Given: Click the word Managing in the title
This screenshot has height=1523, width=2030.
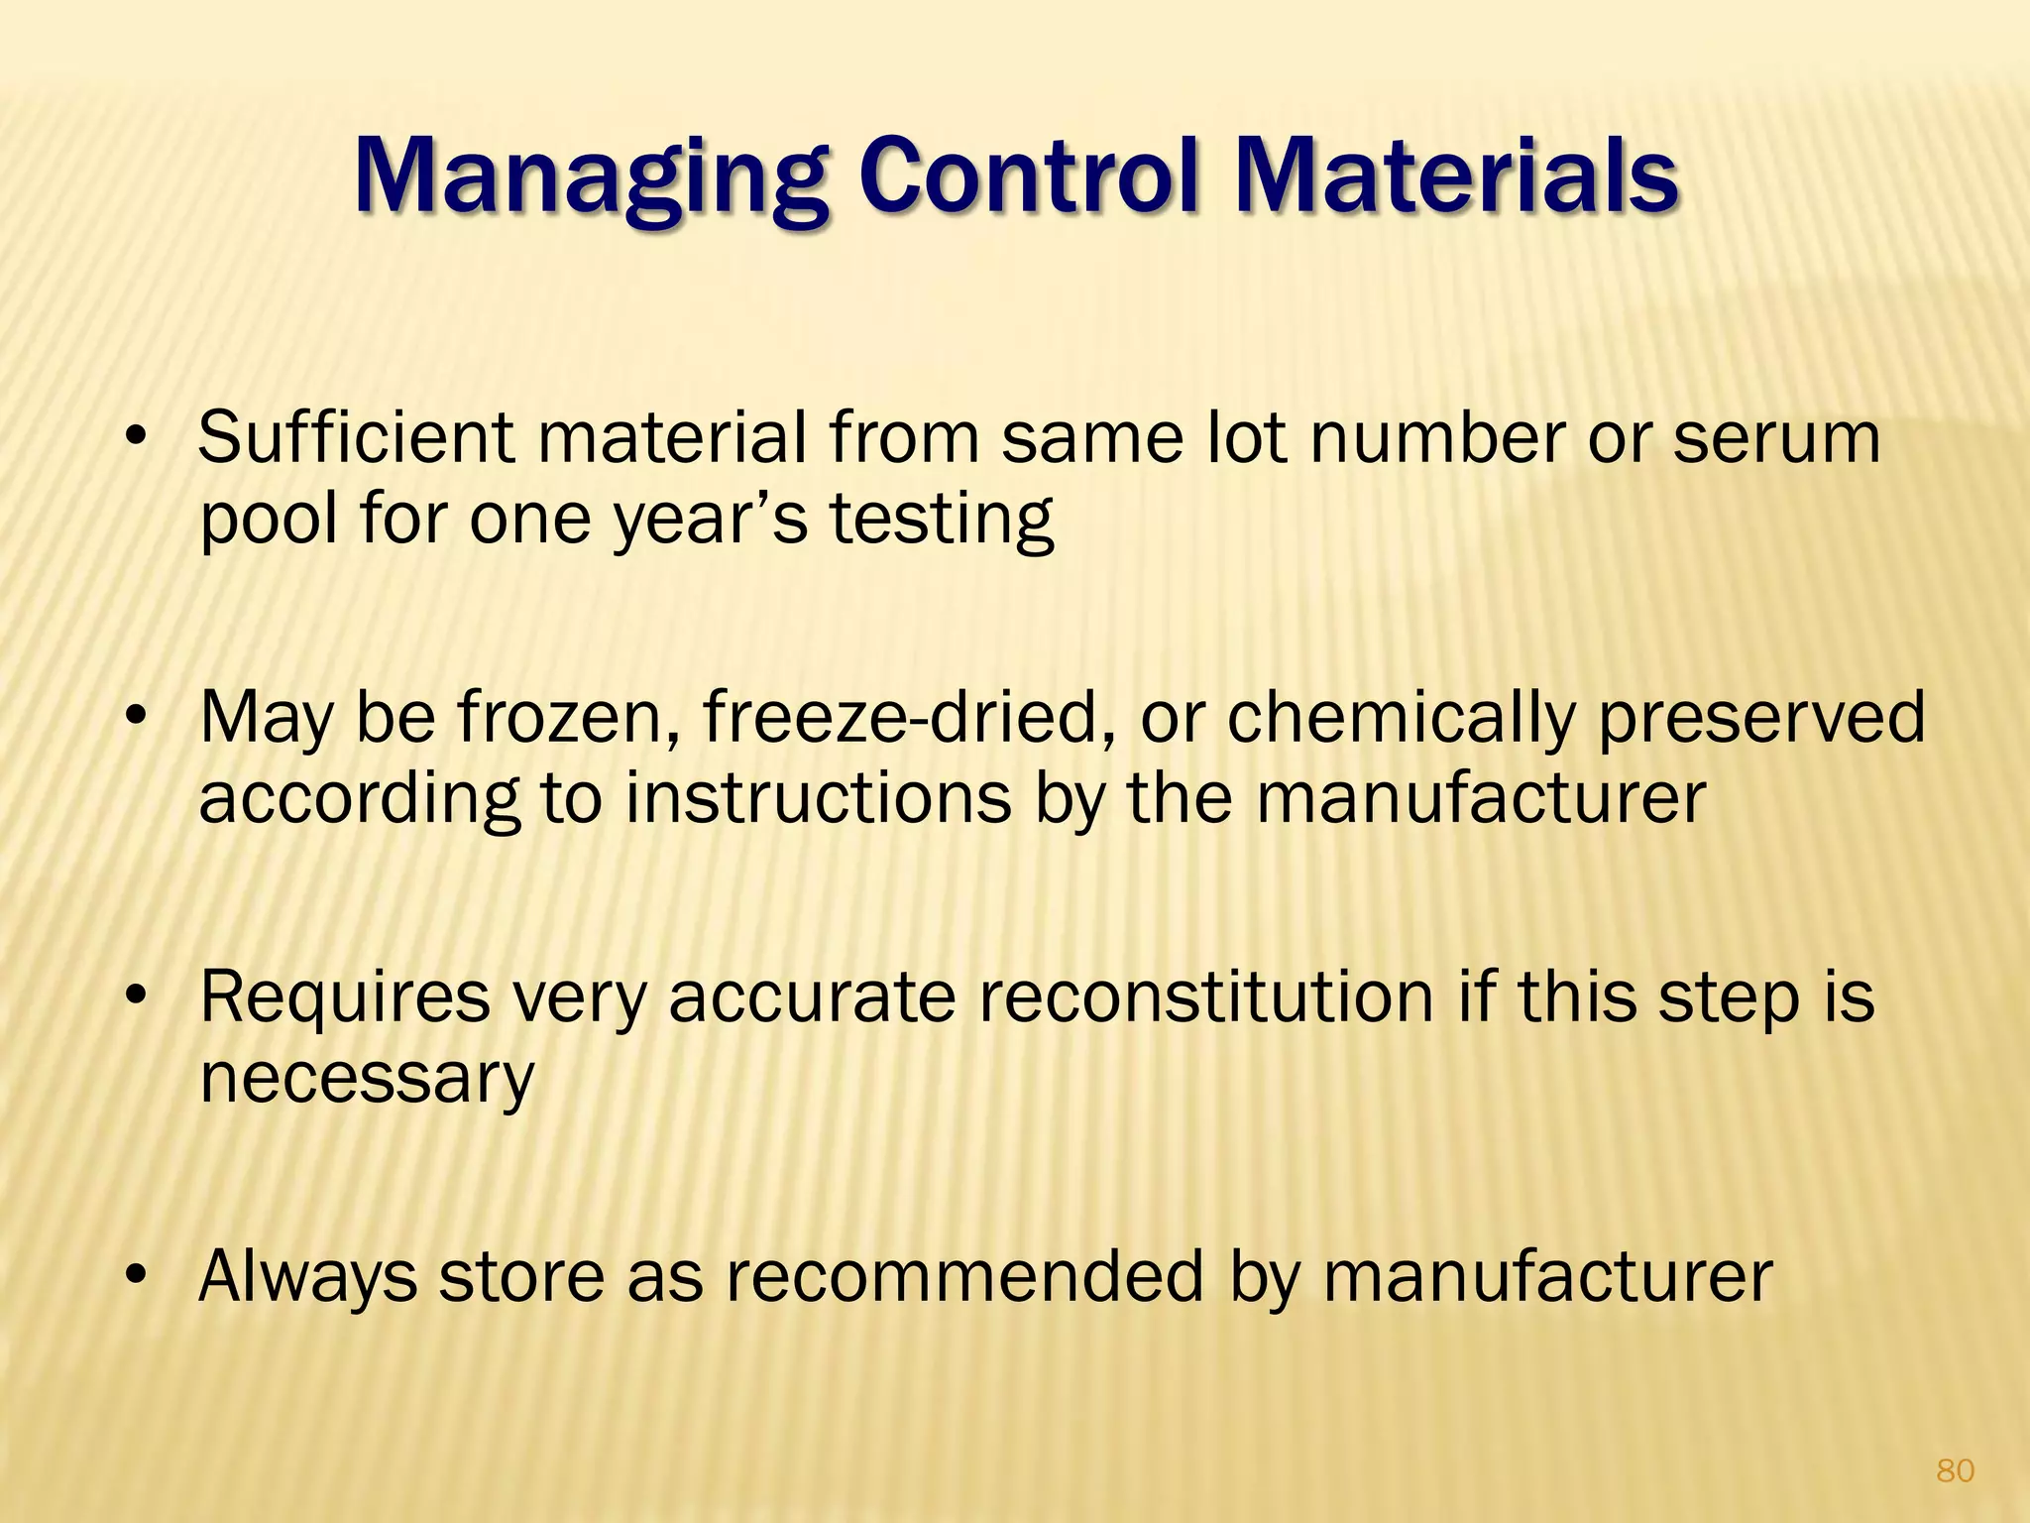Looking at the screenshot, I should click(x=591, y=178).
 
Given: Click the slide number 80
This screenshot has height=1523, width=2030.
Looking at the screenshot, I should click(x=1955, y=1470).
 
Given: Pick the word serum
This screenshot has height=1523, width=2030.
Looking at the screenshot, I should click(x=1776, y=439).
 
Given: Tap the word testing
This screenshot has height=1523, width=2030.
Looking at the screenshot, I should click(x=941, y=522).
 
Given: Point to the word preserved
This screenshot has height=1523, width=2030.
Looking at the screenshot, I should click(x=1761, y=719).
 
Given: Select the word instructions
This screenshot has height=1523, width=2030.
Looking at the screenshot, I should click(x=818, y=799).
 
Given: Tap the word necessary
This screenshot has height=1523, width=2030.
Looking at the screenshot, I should click(x=367, y=1079).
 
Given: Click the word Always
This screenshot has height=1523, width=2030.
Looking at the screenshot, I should click(x=307, y=1277).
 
